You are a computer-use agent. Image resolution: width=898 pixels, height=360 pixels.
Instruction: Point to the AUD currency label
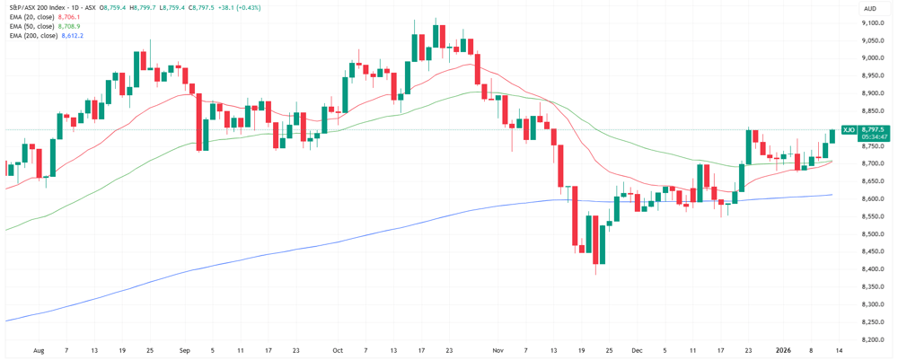[x=869, y=7]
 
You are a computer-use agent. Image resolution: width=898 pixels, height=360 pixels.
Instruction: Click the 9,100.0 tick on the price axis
[x=873, y=40]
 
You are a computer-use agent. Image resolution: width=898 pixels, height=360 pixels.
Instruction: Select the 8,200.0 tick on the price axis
[x=873, y=339]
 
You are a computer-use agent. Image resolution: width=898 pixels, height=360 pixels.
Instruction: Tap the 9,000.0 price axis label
[x=873, y=58]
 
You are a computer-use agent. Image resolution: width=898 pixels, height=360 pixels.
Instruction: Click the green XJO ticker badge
[x=849, y=130]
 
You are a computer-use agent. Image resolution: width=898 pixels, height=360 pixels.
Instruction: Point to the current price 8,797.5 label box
[x=874, y=130]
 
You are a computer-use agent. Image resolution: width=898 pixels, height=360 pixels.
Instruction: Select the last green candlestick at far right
[x=832, y=136]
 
